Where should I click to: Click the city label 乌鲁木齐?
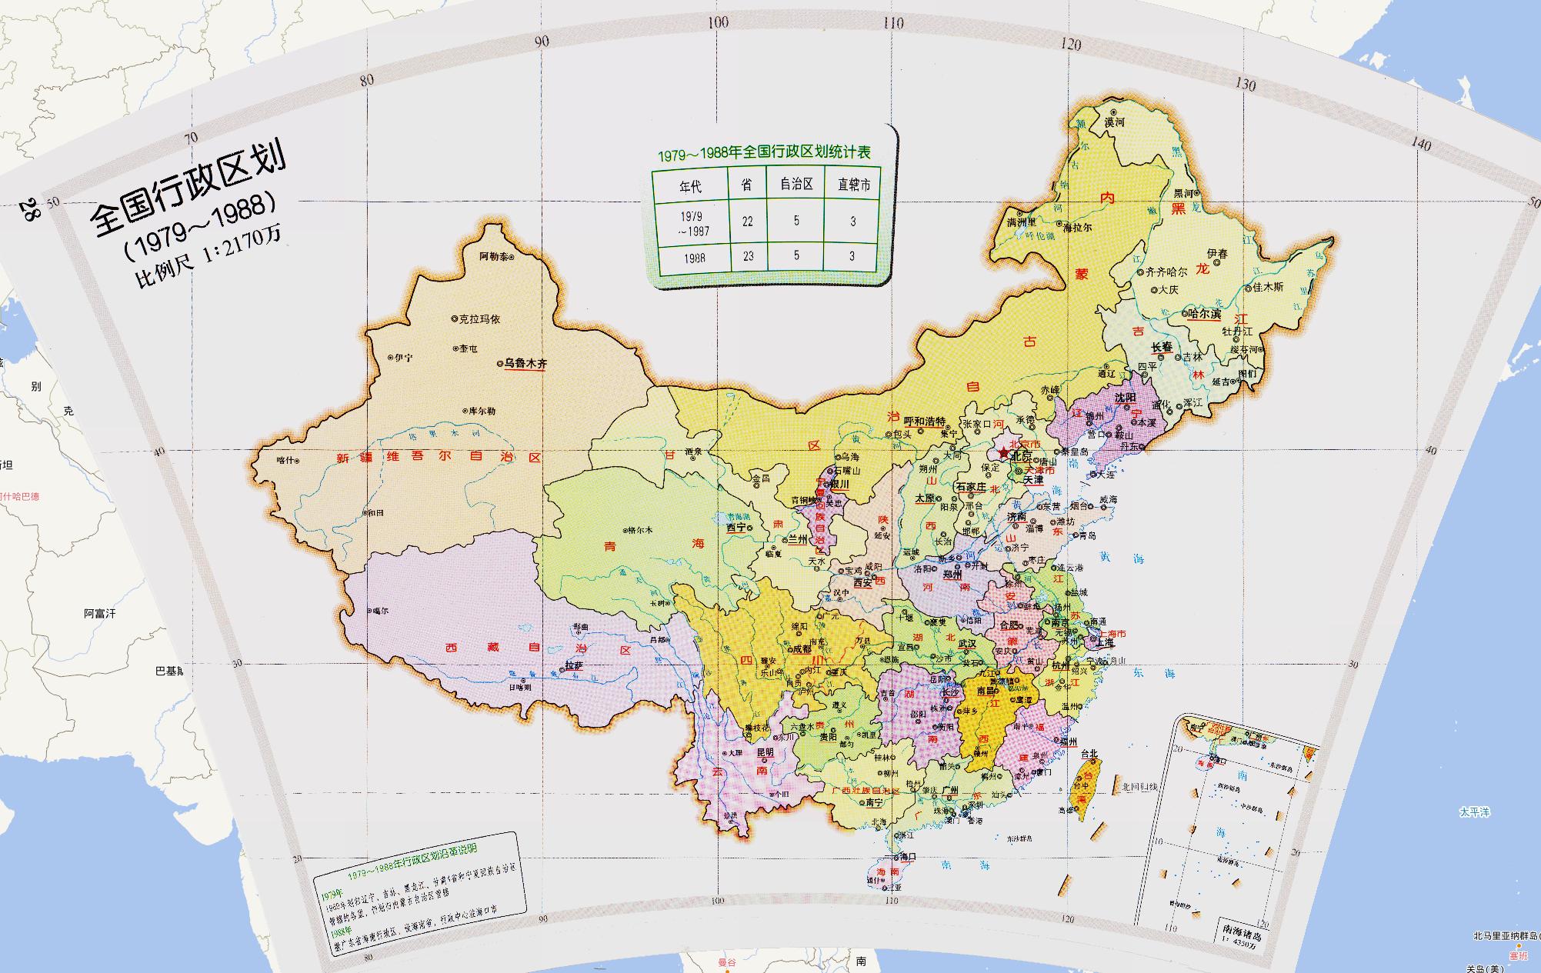(x=525, y=363)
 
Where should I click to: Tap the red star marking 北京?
(x=1003, y=455)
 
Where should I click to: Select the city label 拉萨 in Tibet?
(x=574, y=665)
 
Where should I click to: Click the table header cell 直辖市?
(x=853, y=185)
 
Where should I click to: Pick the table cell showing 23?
(x=748, y=256)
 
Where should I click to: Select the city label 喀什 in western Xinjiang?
(x=285, y=460)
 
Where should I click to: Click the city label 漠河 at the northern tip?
(x=1115, y=122)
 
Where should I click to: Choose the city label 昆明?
(x=765, y=751)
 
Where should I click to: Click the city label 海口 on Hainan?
(x=907, y=856)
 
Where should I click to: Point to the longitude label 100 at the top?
(x=718, y=22)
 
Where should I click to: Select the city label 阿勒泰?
(x=493, y=256)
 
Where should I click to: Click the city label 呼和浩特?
(x=924, y=422)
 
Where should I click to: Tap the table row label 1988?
(x=694, y=258)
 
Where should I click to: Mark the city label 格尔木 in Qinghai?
(x=640, y=529)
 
